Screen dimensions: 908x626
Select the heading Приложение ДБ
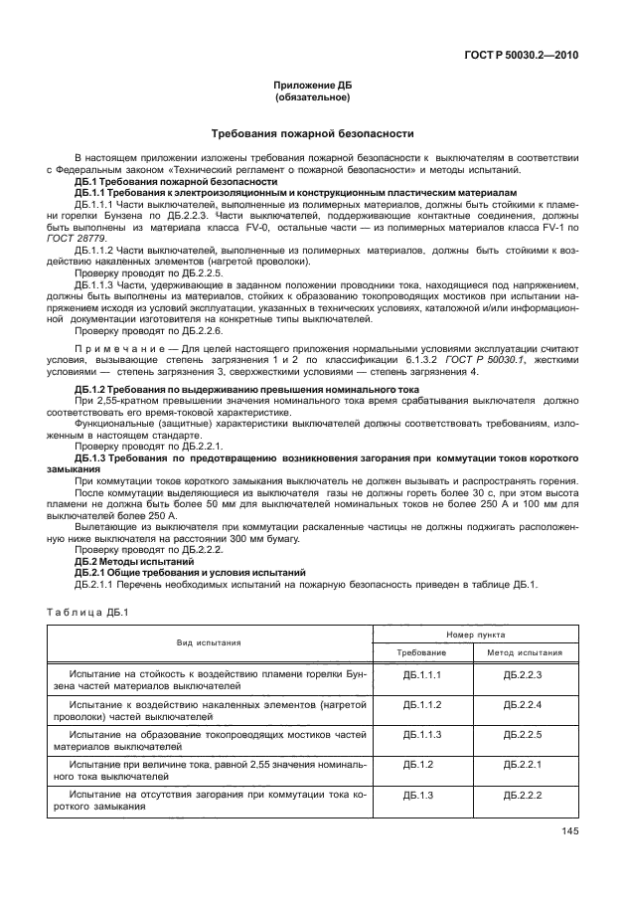[312, 87]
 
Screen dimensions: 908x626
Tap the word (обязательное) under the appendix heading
[312, 97]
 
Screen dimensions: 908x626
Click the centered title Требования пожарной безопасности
[312, 133]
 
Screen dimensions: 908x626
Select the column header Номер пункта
[475, 633]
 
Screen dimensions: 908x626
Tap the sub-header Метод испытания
[524, 652]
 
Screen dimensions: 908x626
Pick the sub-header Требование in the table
[421, 652]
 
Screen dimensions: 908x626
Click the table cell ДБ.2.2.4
[522, 703]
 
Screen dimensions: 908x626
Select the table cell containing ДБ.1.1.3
[421, 733]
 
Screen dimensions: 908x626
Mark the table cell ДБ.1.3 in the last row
[421, 796]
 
